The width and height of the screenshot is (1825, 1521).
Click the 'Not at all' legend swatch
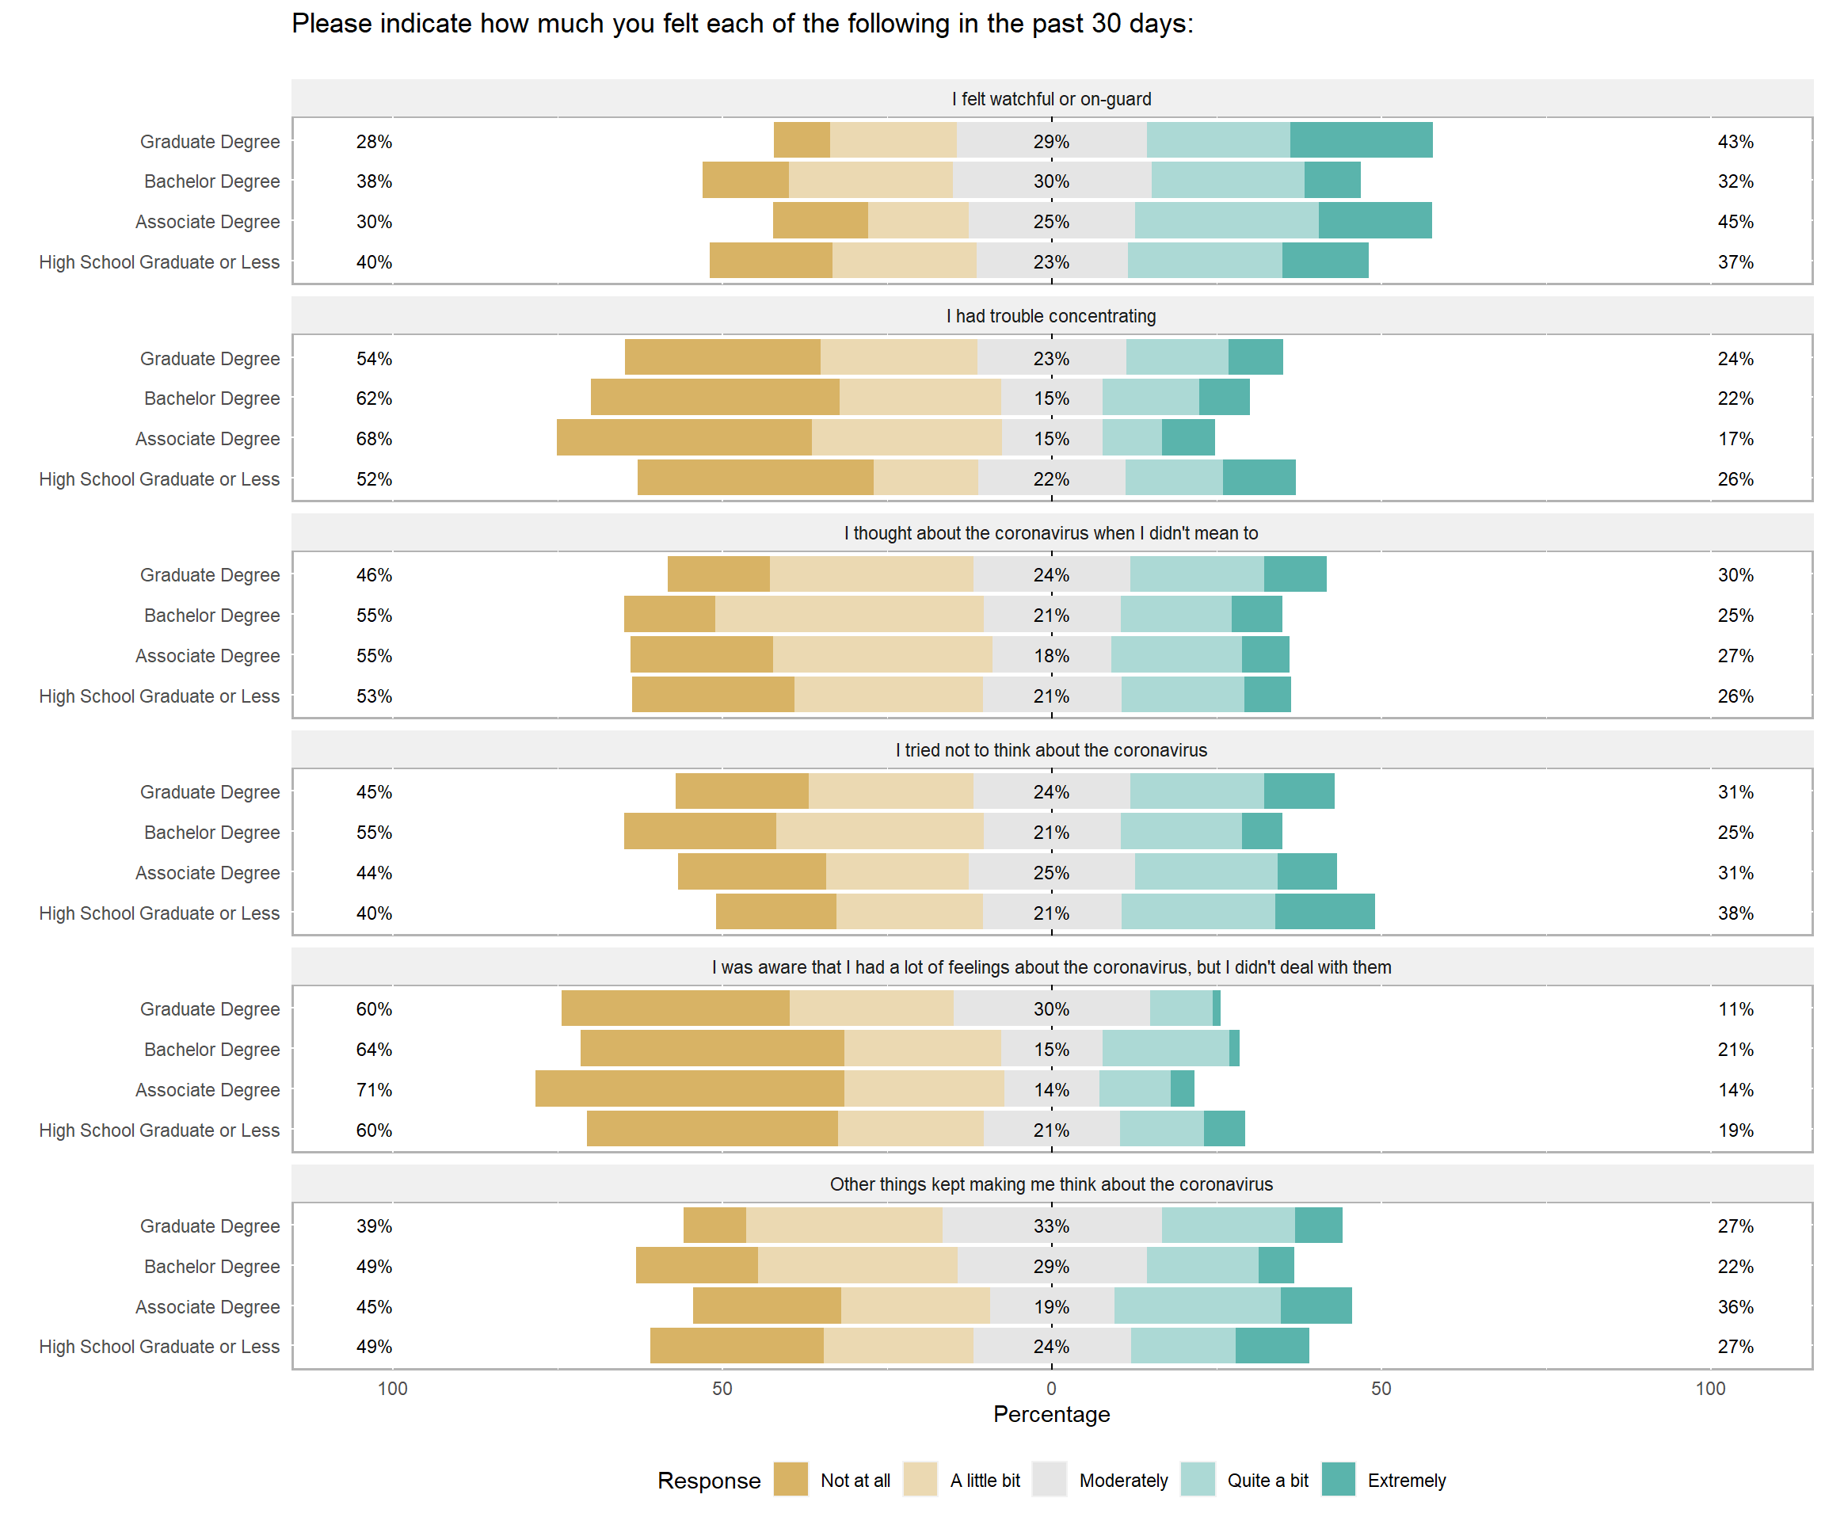click(x=790, y=1479)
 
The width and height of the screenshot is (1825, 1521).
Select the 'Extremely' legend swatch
click(x=1339, y=1479)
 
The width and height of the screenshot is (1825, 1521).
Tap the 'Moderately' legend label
click(x=1123, y=1480)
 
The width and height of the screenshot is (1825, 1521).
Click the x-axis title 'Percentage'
click(x=1052, y=1414)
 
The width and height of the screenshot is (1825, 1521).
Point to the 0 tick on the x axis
click(x=1052, y=1388)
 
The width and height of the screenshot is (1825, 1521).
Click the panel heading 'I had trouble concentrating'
click(x=1052, y=316)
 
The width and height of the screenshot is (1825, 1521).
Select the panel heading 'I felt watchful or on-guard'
click(x=1052, y=99)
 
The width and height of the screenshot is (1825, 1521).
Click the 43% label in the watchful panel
click(x=1735, y=142)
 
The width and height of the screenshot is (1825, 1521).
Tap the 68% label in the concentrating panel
click(x=374, y=439)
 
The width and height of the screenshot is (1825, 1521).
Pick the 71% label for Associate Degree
click(x=374, y=1090)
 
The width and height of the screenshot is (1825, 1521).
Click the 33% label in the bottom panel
click(x=1052, y=1226)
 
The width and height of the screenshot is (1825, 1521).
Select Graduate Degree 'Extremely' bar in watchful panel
click(x=1361, y=141)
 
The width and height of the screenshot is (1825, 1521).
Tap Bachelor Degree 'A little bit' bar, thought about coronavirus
click(x=849, y=615)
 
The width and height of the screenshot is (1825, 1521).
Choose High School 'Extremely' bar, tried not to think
click(x=1324, y=912)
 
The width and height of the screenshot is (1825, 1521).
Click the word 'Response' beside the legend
click(x=708, y=1480)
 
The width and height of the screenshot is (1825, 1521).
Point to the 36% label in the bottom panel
click(x=1735, y=1306)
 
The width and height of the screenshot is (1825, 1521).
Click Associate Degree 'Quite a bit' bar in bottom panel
click(x=1197, y=1306)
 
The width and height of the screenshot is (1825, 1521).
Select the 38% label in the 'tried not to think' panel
click(x=1735, y=913)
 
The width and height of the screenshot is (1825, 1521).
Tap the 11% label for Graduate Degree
click(x=1735, y=1009)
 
